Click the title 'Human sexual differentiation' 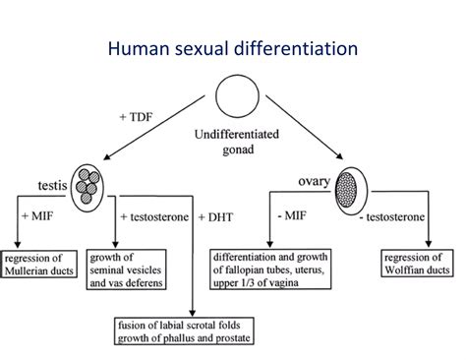(232, 46)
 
